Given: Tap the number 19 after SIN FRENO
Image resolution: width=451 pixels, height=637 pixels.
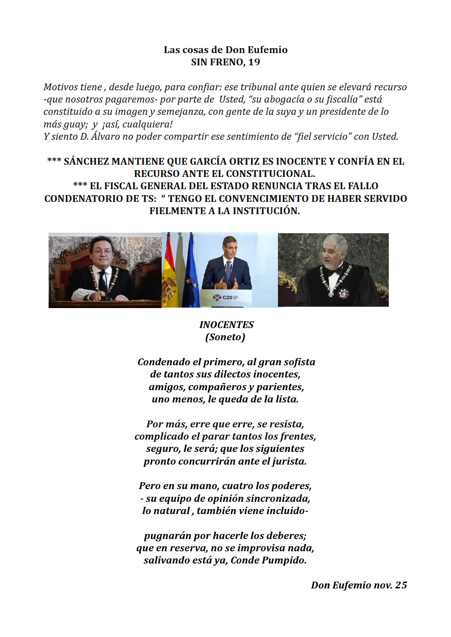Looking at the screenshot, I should (254, 62).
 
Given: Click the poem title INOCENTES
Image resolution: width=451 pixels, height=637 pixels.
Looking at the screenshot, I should (226, 325).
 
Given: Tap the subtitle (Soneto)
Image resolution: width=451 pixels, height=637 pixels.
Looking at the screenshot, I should (225, 337).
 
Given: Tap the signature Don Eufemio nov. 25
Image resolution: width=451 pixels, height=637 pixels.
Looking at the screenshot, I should (359, 585).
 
